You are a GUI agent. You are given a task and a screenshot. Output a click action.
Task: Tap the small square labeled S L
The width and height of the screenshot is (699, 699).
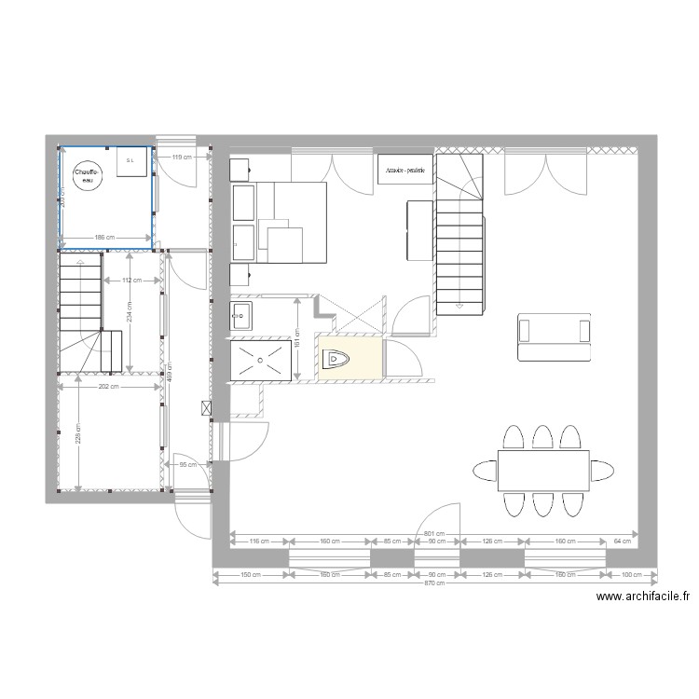point(130,160)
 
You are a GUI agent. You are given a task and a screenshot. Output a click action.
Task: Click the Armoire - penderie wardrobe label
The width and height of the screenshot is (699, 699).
point(404,170)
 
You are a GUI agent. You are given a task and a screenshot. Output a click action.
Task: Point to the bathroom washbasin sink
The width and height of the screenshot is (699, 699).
point(241,315)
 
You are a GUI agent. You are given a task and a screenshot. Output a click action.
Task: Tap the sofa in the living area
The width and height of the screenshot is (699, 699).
point(555,337)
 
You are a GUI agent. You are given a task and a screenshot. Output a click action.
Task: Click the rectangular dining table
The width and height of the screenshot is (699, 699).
point(543,470)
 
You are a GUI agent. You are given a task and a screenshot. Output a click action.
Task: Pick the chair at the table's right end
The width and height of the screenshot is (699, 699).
point(602,470)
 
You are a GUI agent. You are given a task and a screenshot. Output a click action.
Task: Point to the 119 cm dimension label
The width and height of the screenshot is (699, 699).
point(183,158)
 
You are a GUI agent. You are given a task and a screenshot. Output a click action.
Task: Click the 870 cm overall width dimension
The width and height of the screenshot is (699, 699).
point(433,583)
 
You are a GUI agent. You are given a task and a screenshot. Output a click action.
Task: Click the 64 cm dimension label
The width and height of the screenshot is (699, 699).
point(622,541)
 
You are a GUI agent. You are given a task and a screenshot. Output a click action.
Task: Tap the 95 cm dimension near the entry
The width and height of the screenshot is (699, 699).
point(186,464)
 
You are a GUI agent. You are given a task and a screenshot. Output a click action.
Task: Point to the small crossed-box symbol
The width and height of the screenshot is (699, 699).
point(205,407)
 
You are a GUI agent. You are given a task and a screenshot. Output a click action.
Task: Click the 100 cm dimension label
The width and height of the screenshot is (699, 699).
point(631,575)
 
